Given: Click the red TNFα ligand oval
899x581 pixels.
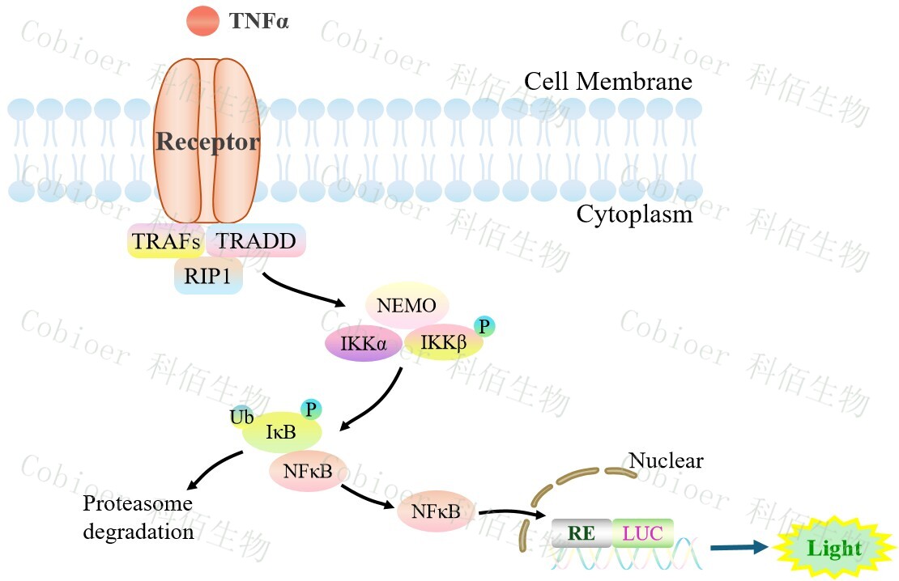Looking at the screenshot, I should pos(202,21).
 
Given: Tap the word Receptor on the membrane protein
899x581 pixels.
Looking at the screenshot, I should pos(207,142).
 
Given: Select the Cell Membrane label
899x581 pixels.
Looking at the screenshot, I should pos(607,82).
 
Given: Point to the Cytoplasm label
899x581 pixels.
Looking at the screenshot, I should pos(634,214).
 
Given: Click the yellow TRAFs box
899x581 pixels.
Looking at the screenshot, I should pos(166,240).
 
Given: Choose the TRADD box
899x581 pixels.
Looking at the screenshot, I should pos(256,240).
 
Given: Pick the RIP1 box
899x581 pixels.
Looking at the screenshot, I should pos(208,276).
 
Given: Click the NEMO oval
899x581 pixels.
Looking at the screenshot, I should pos(407,306).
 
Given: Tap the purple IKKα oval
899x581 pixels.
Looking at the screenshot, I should pos(364,344).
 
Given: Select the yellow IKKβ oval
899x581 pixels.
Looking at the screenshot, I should pos(444,344).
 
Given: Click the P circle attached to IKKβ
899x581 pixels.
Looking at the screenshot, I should pos(484,326).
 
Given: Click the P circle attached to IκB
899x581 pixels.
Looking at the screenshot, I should pos(311,409).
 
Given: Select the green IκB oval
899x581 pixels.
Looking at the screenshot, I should pos(281,432).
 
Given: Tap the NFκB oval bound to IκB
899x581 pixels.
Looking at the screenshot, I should pos(309,471).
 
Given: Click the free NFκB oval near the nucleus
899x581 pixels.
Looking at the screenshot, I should pos(436,511).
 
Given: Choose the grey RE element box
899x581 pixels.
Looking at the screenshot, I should pos(582,532).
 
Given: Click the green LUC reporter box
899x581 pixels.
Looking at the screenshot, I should pos(643,532).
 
